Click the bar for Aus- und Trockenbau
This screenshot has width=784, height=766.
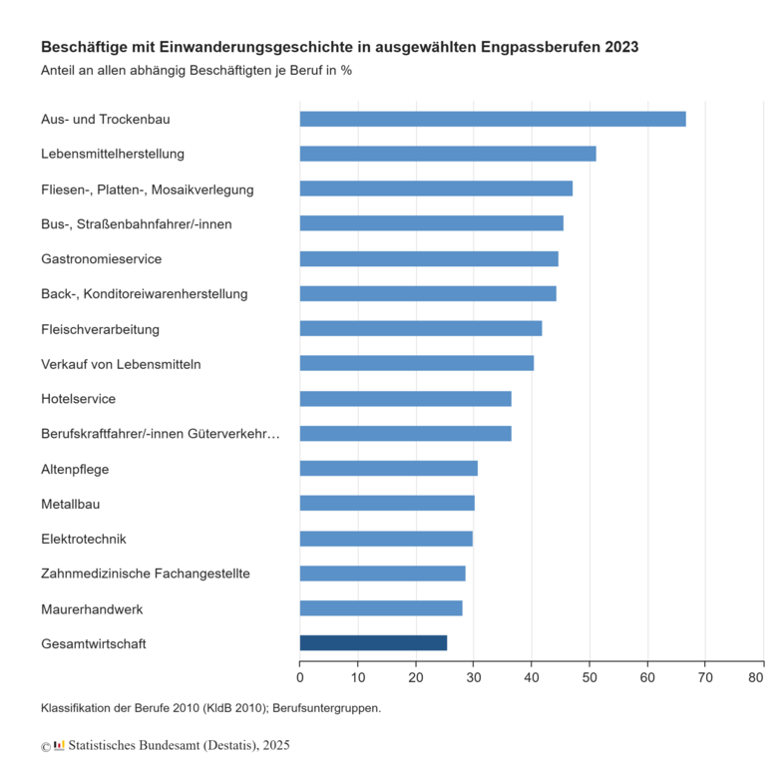pos(492,119)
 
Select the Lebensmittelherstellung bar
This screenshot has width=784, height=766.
pos(447,154)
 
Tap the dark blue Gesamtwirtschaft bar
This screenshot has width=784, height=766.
pos(373,643)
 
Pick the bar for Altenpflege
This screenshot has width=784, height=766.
pos(388,469)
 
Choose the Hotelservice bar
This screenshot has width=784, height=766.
pos(405,399)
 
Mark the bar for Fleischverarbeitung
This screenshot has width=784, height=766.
pos(420,329)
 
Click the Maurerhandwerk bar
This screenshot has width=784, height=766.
pos(380,608)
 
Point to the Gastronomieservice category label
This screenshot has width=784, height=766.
pos(101,259)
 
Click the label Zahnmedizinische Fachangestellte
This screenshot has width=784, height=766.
pos(145,574)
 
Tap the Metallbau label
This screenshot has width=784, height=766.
pos(70,504)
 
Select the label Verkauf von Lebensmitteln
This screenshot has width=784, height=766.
pos(121,364)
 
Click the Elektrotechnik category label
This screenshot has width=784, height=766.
pos(83,539)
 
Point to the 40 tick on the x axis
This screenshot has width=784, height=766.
pos(532,679)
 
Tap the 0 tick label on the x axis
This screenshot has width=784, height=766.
pos(300,679)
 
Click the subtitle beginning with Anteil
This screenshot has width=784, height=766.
pos(196,71)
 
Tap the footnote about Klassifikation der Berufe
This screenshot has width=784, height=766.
pos(210,708)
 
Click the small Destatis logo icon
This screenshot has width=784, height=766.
pos(59,745)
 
